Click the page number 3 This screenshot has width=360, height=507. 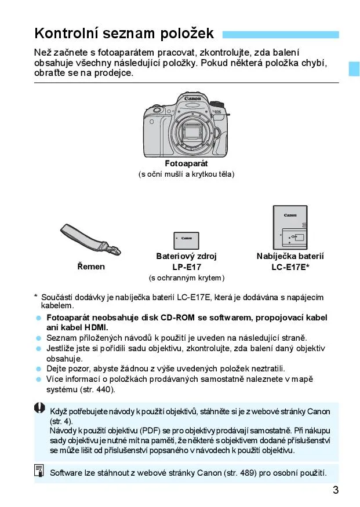pos(336,490)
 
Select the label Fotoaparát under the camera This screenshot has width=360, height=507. pos(186,164)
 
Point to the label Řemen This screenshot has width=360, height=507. pos(91,267)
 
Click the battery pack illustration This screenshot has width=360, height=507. pos(186,240)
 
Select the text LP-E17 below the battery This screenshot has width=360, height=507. pos(186,267)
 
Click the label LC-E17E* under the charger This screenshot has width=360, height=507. pos(290,267)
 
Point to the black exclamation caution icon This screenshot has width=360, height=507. pos(39,408)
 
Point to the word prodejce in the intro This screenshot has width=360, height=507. pos(114,73)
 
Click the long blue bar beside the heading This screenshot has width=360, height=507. pos(281,34)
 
